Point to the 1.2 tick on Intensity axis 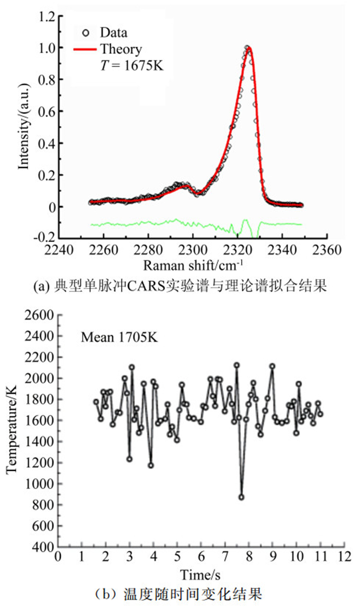[47, 16]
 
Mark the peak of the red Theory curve [248, 47]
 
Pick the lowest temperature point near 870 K [241, 497]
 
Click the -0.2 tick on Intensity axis [45, 238]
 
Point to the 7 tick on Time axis [225, 557]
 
